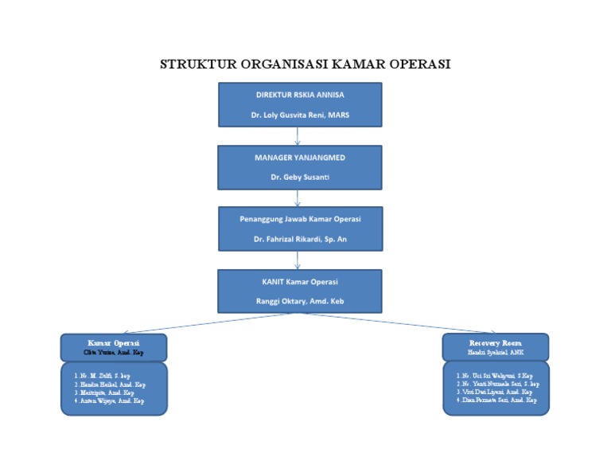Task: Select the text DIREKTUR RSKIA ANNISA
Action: (300, 94)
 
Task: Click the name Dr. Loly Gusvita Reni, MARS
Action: (300, 115)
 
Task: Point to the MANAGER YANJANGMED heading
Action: (300, 158)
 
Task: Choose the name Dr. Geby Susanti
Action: (300, 177)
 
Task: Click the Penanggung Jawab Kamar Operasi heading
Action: (300, 219)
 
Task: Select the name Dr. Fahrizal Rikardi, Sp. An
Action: (300, 239)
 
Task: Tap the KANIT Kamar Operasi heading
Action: (300, 282)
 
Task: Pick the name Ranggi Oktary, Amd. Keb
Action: (300, 301)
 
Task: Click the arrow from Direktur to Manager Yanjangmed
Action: (298, 135)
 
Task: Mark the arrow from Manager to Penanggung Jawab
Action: (298, 197)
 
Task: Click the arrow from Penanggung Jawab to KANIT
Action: (298, 260)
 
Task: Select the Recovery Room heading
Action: (495, 342)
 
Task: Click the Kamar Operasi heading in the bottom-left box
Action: (114, 342)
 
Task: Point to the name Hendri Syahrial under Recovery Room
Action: (495, 351)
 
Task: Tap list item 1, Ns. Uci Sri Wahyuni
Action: (494, 375)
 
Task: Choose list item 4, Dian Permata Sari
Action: (496, 401)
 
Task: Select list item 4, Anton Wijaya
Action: (109, 401)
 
